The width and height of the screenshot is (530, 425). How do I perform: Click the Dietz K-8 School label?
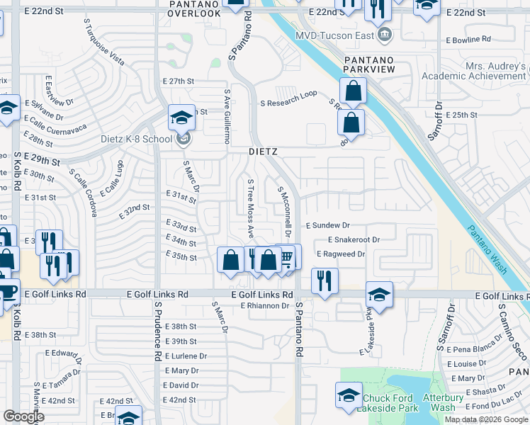pyautogui.click(x=142, y=139)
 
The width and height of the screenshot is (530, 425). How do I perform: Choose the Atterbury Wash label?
pyautogui.click(x=453, y=403)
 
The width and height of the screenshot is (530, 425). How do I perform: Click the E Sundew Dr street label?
pyautogui.click(x=328, y=225)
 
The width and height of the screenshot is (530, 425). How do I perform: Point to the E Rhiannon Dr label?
pyautogui.click(x=265, y=306)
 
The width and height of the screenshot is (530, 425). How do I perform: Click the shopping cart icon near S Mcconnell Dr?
pyautogui.click(x=286, y=256)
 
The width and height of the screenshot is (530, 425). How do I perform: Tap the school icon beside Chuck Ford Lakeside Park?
pyautogui.click(x=349, y=397)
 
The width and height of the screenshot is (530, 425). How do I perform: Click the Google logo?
pyautogui.click(x=23, y=416)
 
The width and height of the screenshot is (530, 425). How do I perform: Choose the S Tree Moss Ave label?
pyautogui.click(x=250, y=208)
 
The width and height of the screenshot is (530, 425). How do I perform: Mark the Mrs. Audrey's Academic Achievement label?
pyautogui.click(x=475, y=71)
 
